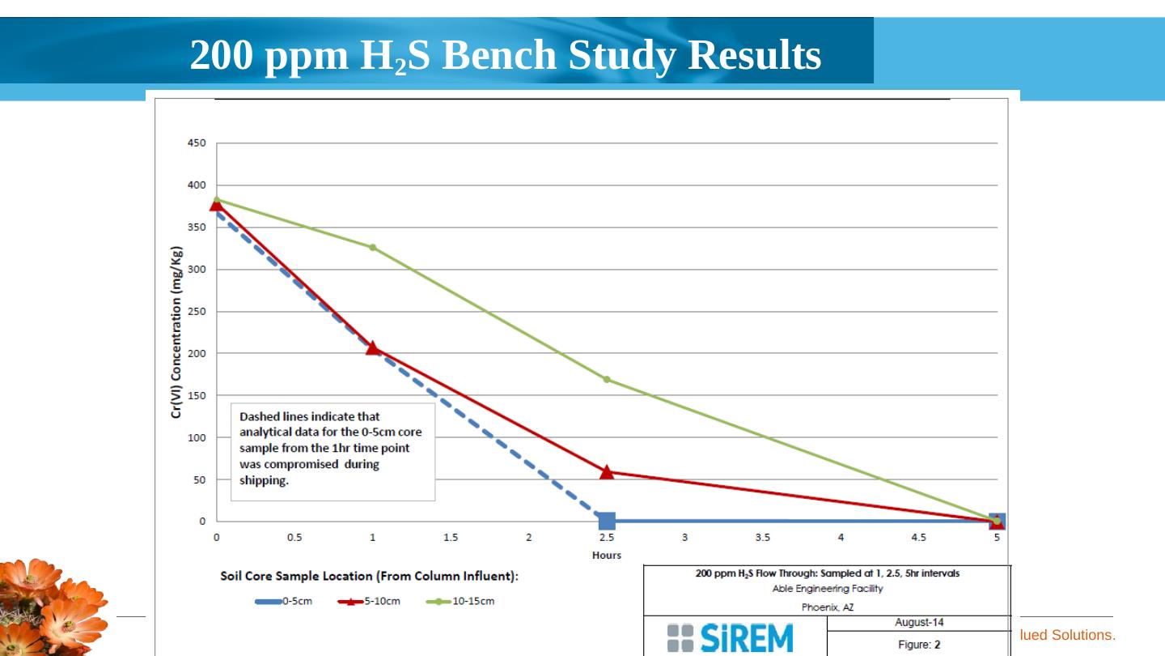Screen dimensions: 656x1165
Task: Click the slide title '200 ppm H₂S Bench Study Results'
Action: (505, 56)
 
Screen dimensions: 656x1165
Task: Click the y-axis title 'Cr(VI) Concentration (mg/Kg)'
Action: (176, 333)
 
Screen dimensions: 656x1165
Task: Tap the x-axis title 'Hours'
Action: (606, 555)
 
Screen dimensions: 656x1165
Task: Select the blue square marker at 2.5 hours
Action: (607, 521)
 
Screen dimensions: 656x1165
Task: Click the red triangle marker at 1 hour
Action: (372, 347)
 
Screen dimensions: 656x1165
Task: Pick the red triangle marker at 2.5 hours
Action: (607, 471)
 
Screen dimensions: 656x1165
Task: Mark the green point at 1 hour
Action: (373, 247)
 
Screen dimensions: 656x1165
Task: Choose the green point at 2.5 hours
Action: (607, 379)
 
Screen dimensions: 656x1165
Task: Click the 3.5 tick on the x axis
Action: (763, 537)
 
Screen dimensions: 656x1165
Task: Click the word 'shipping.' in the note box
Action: (264, 480)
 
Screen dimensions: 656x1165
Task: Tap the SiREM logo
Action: (731, 638)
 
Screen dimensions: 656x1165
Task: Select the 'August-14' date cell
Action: (918, 623)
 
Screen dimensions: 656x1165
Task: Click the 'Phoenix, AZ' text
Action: (827, 607)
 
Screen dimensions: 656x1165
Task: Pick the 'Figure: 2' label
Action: (918, 645)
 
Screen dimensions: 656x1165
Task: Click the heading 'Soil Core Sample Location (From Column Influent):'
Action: (369, 577)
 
